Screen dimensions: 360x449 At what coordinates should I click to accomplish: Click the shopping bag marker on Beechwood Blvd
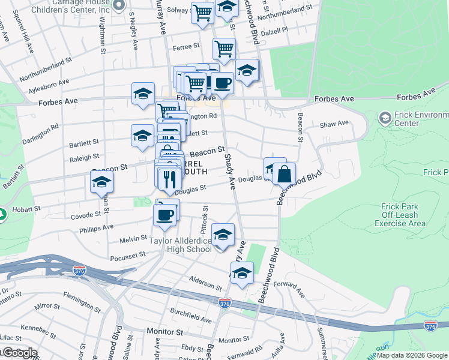coord(284,174)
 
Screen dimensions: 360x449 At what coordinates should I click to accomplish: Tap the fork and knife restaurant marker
coord(170,179)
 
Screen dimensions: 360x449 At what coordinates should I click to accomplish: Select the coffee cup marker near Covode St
coord(164,214)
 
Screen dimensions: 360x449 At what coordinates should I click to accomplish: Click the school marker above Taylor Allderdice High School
coord(223,235)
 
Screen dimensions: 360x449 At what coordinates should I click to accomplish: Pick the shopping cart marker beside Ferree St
coord(224,49)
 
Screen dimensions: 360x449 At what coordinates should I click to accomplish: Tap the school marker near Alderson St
coord(242,273)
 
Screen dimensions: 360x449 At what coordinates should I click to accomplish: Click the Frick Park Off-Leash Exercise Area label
coord(400,215)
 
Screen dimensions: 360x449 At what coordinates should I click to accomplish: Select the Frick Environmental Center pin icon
coord(385,118)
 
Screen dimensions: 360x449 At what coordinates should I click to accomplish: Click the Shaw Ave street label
coord(334,124)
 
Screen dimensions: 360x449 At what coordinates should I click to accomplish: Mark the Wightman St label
coord(103,40)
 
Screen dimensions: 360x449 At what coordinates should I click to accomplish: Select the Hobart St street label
coord(28,209)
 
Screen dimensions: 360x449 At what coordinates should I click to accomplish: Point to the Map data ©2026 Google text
coord(412,355)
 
